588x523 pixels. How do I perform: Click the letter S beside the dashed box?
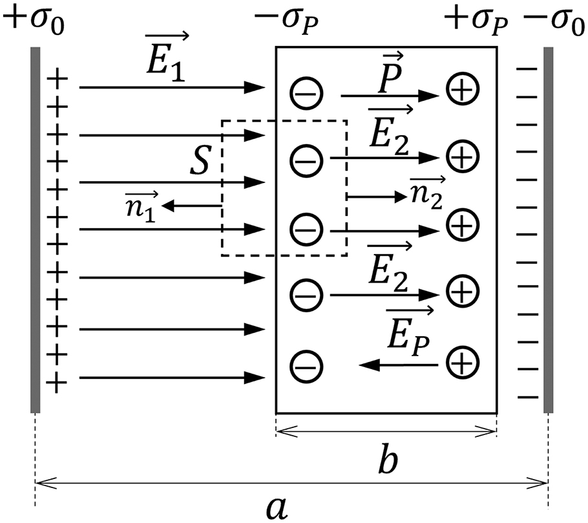tap(198, 164)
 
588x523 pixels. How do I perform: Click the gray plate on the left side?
tap(36, 229)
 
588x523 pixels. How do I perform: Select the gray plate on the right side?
tap(549, 229)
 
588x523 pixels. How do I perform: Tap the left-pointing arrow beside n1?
tap(193, 206)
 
